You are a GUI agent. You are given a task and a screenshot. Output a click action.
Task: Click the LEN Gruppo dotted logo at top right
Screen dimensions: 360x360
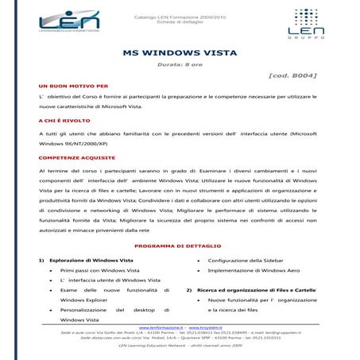pyautogui.click(x=305, y=23)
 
